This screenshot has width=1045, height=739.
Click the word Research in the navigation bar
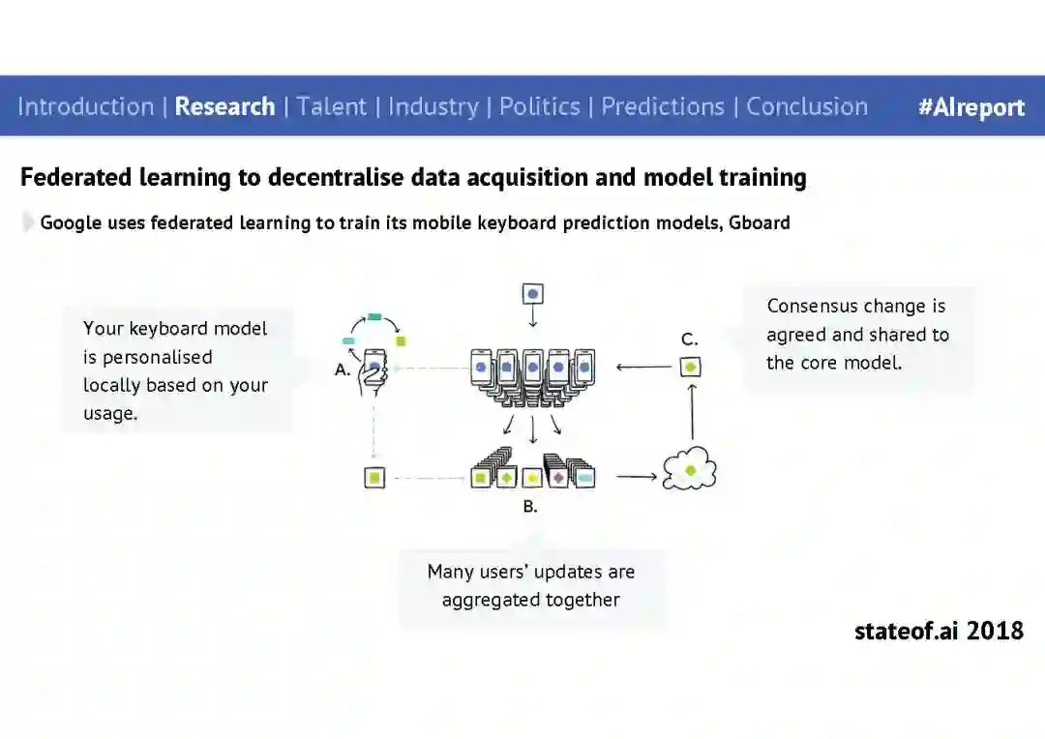point(224,106)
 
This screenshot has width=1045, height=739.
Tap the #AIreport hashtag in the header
point(970,107)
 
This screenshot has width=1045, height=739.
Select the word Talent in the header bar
point(332,106)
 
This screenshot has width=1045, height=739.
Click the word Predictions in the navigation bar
point(663,106)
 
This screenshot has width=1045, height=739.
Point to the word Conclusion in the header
point(807,106)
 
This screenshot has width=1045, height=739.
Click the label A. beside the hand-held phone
point(343,369)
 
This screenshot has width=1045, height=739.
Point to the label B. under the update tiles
point(530,506)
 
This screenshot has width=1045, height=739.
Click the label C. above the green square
point(689,340)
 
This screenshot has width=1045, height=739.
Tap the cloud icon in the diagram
point(690,471)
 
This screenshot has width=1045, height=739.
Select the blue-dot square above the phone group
point(532,293)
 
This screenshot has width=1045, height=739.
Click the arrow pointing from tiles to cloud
point(636,477)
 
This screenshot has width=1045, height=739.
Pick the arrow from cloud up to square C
point(692,411)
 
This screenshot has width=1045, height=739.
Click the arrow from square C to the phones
point(643,368)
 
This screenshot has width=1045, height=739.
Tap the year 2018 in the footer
point(995,632)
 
